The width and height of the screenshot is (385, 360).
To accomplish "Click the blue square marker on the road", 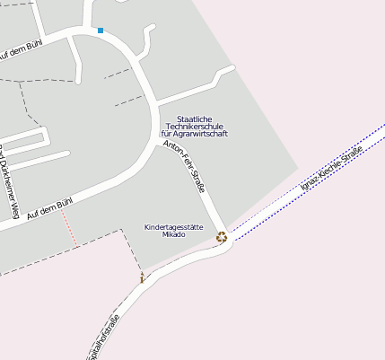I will click(101, 31).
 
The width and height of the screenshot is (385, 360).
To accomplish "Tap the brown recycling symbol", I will click(222, 237).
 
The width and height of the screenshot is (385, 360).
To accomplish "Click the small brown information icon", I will click(142, 278).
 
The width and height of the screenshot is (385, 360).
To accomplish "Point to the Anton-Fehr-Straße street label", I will click(184, 167).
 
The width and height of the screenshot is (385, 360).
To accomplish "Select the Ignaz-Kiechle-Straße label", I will click(332, 169).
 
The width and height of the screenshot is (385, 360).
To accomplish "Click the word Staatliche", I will click(194, 119).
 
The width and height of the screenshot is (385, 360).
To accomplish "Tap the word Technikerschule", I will click(194, 127).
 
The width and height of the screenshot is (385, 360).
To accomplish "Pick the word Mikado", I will click(174, 234).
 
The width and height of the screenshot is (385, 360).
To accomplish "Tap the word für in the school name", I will click(166, 134).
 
